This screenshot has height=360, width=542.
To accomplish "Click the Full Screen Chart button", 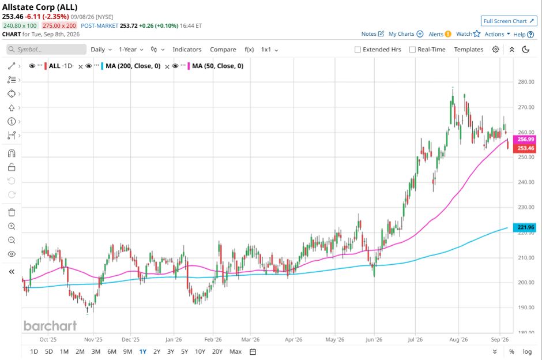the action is tap(509, 21).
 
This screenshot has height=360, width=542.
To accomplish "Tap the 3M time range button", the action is tap(96, 351).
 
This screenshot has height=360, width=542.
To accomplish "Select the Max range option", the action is tap(235, 351).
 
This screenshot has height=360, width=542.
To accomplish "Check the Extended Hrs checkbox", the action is tap(357, 50).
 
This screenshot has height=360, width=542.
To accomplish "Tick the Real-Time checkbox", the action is tap(412, 50).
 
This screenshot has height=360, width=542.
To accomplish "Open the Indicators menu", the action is tap(187, 50).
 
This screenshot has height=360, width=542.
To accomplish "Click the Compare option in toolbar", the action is tap(223, 50).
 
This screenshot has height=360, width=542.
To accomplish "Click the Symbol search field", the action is tap(46, 49).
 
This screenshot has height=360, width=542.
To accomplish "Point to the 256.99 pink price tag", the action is tap(525, 139).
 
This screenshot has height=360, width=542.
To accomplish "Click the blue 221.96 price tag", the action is tap(525, 227).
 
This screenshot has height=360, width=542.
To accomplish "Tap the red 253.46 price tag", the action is tap(525, 148).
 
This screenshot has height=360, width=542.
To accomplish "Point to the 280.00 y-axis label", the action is tap(526, 82).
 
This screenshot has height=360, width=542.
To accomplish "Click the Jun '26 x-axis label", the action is tap(374, 339).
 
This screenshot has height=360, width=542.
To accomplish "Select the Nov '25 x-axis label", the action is tap(93, 339).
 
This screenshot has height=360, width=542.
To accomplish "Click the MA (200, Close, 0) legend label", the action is tap(133, 66).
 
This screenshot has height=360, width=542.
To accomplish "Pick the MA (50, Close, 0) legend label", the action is tap(218, 66).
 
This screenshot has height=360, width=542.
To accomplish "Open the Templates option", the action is tap(469, 50).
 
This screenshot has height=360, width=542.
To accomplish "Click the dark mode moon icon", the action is tap(526, 50).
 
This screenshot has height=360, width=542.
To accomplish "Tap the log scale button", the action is tap(527, 351).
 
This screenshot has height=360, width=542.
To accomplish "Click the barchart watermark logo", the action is tap(50, 326).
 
